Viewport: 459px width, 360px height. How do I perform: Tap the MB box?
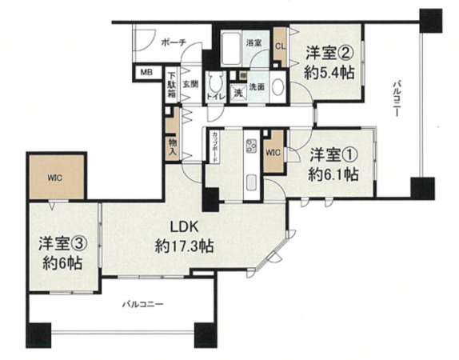(146, 74)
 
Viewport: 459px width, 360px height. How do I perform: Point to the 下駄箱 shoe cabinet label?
(172, 83)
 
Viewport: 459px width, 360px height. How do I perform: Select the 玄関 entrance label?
(190, 83)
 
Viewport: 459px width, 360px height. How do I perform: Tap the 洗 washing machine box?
(238, 92)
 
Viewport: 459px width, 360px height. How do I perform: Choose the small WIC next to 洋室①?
(272, 151)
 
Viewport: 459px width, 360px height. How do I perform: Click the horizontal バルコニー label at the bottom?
(143, 305)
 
